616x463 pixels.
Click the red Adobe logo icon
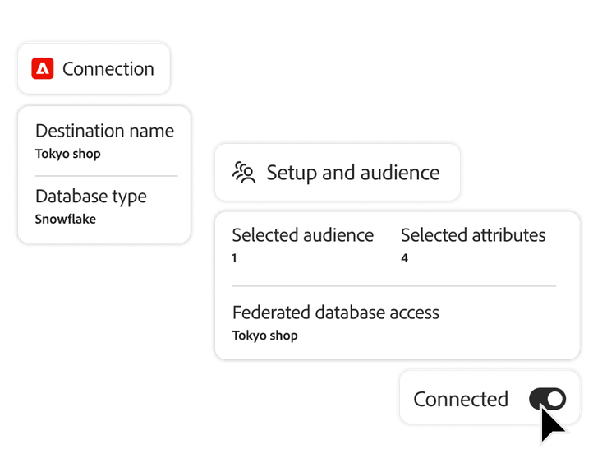[x=43, y=69]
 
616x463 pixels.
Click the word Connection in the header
[x=108, y=69]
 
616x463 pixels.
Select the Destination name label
[x=104, y=131]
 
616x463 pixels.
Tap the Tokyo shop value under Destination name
[x=68, y=153]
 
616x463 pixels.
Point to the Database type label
[x=90, y=197]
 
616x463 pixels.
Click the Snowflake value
[x=66, y=219]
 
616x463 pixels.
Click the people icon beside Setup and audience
[x=244, y=173]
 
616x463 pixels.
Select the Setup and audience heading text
[x=352, y=173]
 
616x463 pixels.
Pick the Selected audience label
[x=302, y=235]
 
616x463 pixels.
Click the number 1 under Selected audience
[x=235, y=258]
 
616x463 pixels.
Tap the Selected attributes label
[x=472, y=235]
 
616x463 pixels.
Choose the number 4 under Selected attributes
[x=404, y=258]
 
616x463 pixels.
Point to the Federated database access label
[x=335, y=313]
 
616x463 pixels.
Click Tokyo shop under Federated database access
[x=264, y=336]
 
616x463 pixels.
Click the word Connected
[x=460, y=399]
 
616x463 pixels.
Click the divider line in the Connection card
[x=105, y=176]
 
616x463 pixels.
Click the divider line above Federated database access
[x=393, y=286]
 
